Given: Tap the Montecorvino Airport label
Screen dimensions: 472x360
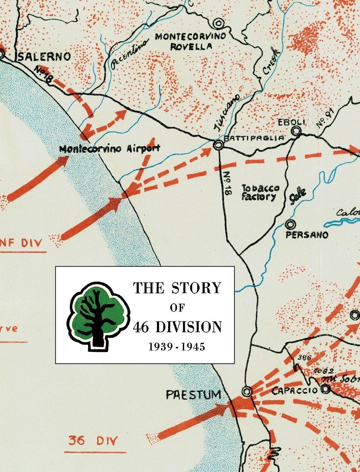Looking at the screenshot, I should [x=110, y=149].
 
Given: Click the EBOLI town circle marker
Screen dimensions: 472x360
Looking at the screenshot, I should [x=296, y=131].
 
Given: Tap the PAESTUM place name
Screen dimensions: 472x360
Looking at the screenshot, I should [x=193, y=395].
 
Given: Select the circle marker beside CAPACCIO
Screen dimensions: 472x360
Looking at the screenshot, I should [x=325, y=389].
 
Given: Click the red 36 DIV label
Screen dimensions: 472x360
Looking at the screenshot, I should [x=93, y=441].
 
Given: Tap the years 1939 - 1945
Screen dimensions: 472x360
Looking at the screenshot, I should [x=177, y=347].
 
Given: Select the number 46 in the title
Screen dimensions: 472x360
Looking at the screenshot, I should [x=141, y=327].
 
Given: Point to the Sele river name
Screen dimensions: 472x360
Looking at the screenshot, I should [x=298, y=198].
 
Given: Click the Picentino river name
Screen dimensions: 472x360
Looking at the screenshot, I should [x=129, y=53].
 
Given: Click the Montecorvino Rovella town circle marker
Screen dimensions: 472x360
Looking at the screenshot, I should [x=218, y=23].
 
